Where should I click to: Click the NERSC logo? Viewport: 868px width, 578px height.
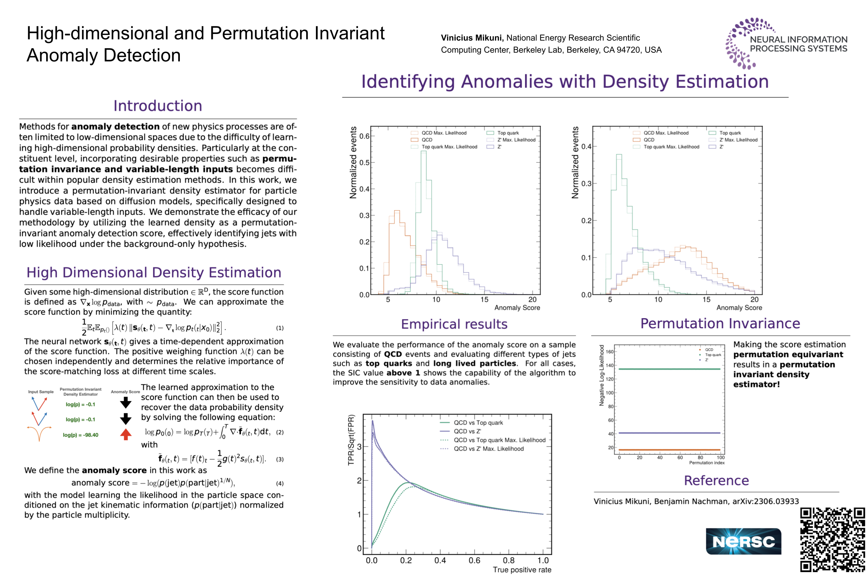[x=743, y=541]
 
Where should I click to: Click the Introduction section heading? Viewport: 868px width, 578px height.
[x=158, y=106]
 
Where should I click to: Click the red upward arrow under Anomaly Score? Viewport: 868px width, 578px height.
[x=126, y=434]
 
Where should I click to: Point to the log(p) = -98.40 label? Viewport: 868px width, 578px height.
[x=81, y=435]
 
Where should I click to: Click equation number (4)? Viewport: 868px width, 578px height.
[x=279, y=483]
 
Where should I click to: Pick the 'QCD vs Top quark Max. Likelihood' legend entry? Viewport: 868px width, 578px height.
[x=499, y=440]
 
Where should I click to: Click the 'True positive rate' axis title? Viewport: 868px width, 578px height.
[x=521, y=570]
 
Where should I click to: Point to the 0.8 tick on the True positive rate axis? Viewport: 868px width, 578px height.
[x=508, y=560]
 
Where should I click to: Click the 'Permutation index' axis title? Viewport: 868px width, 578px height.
[x=707, y=462]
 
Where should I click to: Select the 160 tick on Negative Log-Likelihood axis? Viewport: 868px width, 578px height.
[x=609, y=352]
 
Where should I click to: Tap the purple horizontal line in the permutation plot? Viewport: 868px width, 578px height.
[x=669, y=433]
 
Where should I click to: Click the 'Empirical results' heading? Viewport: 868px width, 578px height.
[x=454, y=324]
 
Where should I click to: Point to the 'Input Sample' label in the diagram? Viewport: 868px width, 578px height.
[x=41, y=391]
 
